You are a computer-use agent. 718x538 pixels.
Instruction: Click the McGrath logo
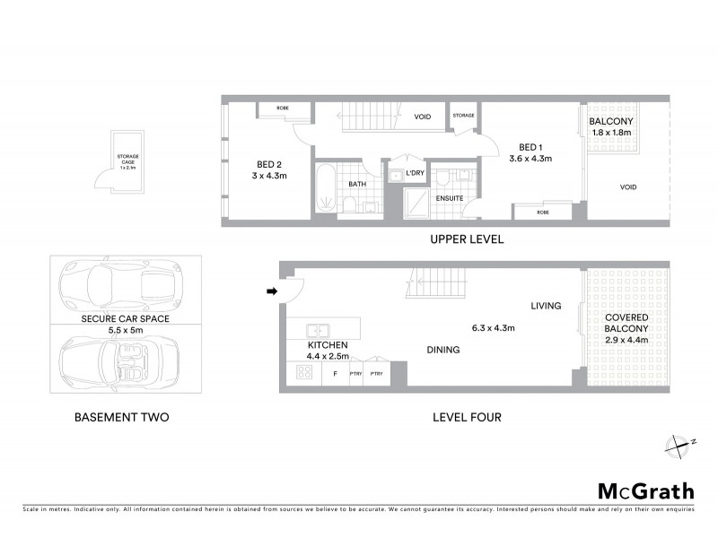[646, 490]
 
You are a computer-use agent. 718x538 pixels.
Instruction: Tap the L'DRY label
[415, 173]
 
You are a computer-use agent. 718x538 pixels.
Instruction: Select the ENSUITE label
[449, 198]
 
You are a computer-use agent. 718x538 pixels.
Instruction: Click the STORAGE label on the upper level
[463, 116]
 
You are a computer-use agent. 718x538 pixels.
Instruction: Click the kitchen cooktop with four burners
[302, 373]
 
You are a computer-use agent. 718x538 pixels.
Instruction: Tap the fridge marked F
[335, 373]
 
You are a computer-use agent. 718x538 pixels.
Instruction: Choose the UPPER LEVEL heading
[466, 239]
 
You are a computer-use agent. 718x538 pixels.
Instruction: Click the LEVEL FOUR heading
[466, 417]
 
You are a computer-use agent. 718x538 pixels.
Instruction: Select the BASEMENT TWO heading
[121, 417]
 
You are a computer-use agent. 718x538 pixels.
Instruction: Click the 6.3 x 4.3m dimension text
[494, 328]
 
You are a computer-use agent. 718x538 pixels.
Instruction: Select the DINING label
[443, 351]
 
